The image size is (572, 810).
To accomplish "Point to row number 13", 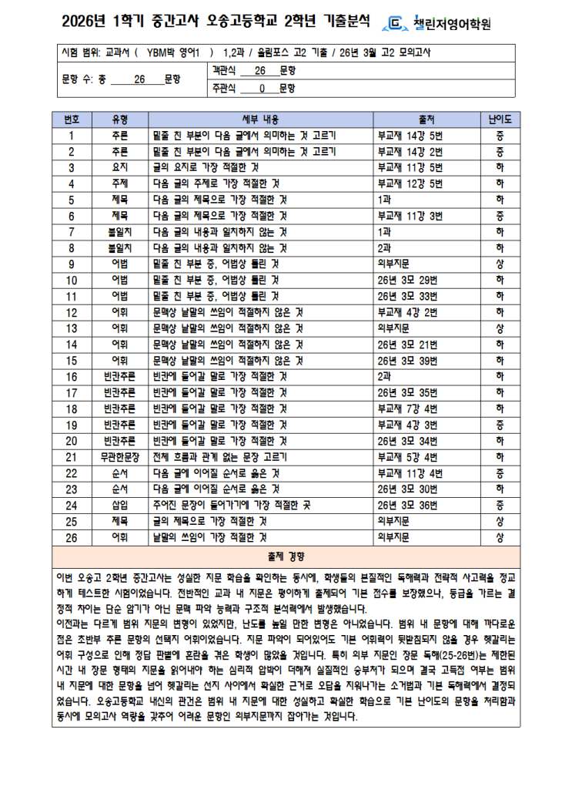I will click(x=72, y=328).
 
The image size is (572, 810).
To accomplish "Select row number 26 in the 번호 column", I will click(x=72, y=537).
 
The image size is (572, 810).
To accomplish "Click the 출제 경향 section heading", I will click(x=286, y=556).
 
